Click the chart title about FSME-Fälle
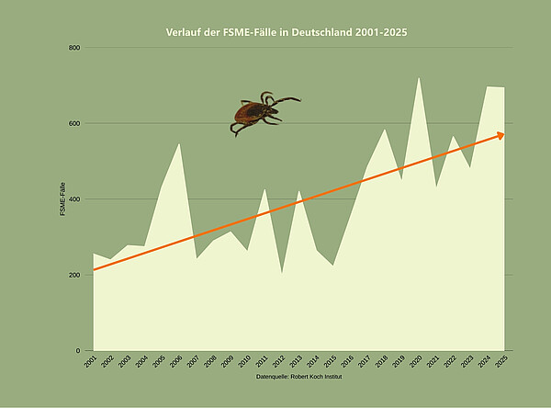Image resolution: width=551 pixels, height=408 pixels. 286,32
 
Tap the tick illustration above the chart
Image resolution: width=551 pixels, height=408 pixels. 262,113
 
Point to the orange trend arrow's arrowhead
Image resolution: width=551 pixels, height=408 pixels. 500,135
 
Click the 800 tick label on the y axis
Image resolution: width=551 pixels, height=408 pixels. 73,48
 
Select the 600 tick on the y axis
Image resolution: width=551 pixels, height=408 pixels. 73,123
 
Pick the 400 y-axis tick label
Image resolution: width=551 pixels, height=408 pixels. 73,199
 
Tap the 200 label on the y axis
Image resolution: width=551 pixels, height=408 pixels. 73,275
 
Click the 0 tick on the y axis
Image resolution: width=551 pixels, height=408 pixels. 78,350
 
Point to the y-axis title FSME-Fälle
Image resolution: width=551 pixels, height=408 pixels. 62,199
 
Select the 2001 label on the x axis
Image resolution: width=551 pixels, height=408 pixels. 91,362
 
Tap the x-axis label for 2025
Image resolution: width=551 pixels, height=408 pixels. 501,362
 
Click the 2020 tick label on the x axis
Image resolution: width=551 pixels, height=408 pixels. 416,362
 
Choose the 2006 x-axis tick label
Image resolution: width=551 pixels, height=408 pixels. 176,362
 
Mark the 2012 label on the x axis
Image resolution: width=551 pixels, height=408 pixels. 279,362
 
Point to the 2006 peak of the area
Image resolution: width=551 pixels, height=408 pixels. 179,142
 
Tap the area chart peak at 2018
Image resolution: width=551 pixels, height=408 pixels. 385,129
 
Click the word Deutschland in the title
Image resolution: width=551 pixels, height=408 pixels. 316,32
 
